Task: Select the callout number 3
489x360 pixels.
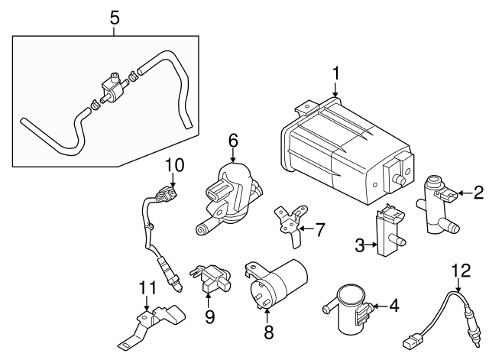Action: pyautogui.click(x=358, y=245)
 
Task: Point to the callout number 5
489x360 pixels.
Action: pyautogui.click(x=114, y=17)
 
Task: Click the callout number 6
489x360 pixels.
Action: pyautogui.click(x=233, y=140)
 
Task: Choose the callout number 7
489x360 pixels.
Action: pyautogui.click(x=320, y=228)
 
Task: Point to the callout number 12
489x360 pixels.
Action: pyautogui.click(x=458, y=269)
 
